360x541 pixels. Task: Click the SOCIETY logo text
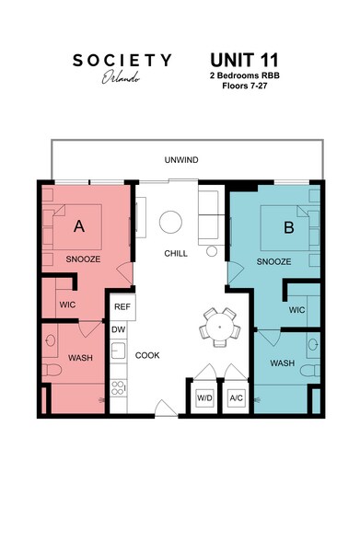point(122,61)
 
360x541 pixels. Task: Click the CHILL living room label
point(177,253)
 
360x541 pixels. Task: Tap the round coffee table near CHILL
point(171,222)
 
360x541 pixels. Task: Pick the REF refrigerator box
point(122,307)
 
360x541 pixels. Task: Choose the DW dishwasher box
point(118,329)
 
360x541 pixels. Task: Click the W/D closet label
point(204,397)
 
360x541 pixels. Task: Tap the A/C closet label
point(236,397)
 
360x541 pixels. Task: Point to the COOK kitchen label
point(147,354)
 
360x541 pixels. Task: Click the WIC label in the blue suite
point(296,310)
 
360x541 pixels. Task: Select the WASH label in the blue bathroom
point(283,363)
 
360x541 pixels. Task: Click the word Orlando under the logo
point(122,78)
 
